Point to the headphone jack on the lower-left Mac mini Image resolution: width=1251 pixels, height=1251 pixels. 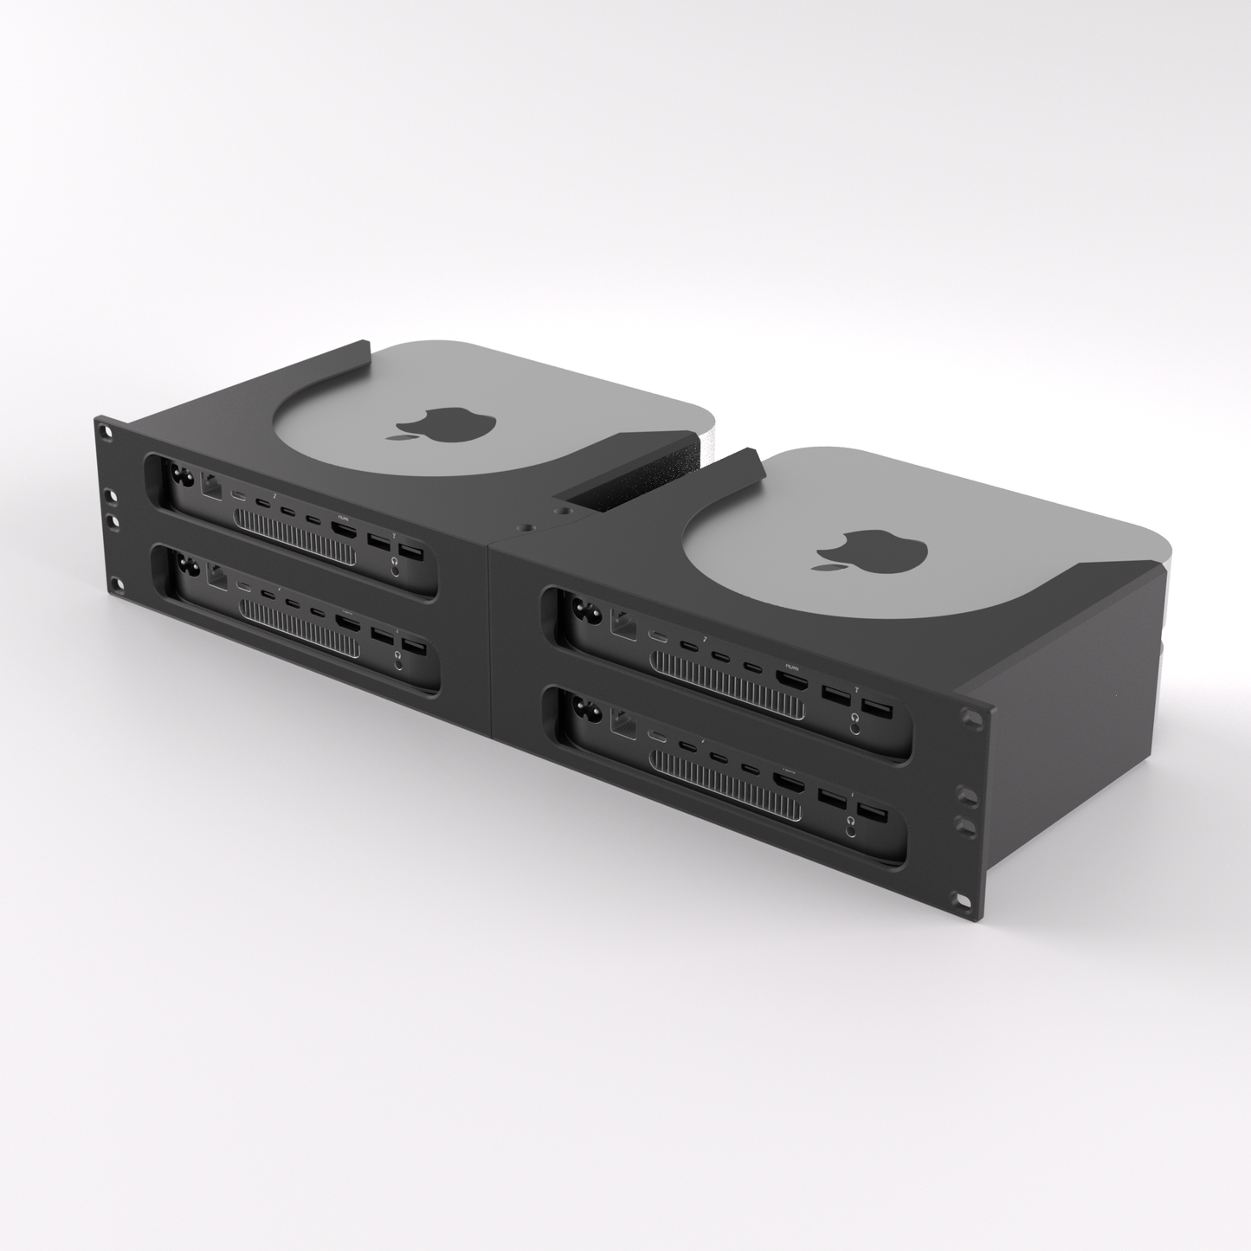(x=397, y=663)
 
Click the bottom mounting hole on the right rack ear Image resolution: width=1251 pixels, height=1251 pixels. (x=964, y=900)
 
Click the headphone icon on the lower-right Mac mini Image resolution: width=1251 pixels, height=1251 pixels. (x=853, y=818)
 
